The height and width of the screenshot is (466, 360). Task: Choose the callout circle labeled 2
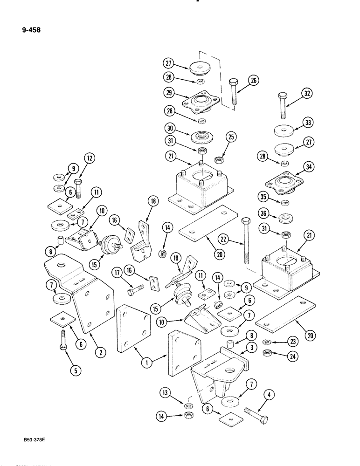tap(99, 352)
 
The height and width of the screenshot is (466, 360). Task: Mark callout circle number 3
tap(252, 347)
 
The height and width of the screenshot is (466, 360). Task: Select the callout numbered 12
tap(90, 159)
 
